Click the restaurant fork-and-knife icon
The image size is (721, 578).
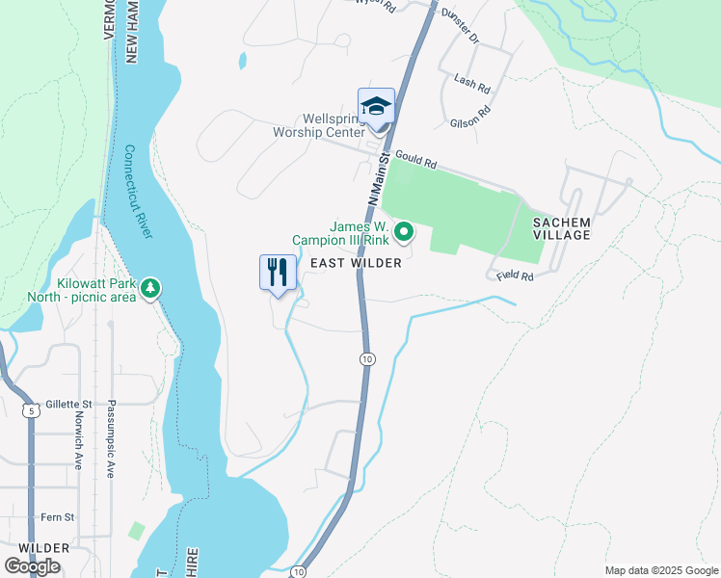pyautogui.click(x=278, y=273)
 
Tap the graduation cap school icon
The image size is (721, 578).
pyautogui.click(x=376, y=106)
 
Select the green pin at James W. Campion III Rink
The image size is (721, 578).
pyautogui.click(x=405, y=231)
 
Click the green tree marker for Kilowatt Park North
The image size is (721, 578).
pyautogui.click(x=149, y=288)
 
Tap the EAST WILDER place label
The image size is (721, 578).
pyautogui.click(x=355, y=262)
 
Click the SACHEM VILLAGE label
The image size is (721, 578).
pyautogui.click(x=561, y=228)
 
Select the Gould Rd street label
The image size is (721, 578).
pyautogui.click(x=416, y=152)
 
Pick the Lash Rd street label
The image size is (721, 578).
pyautogui.click(x=473, y=86)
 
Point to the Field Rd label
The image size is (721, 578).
pyautogui.click(x=516, y=276)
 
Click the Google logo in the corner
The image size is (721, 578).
pyautogui.click(x=32, y=565)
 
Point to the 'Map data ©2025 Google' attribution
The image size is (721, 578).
pyautogui.click(x=661, y=570)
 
